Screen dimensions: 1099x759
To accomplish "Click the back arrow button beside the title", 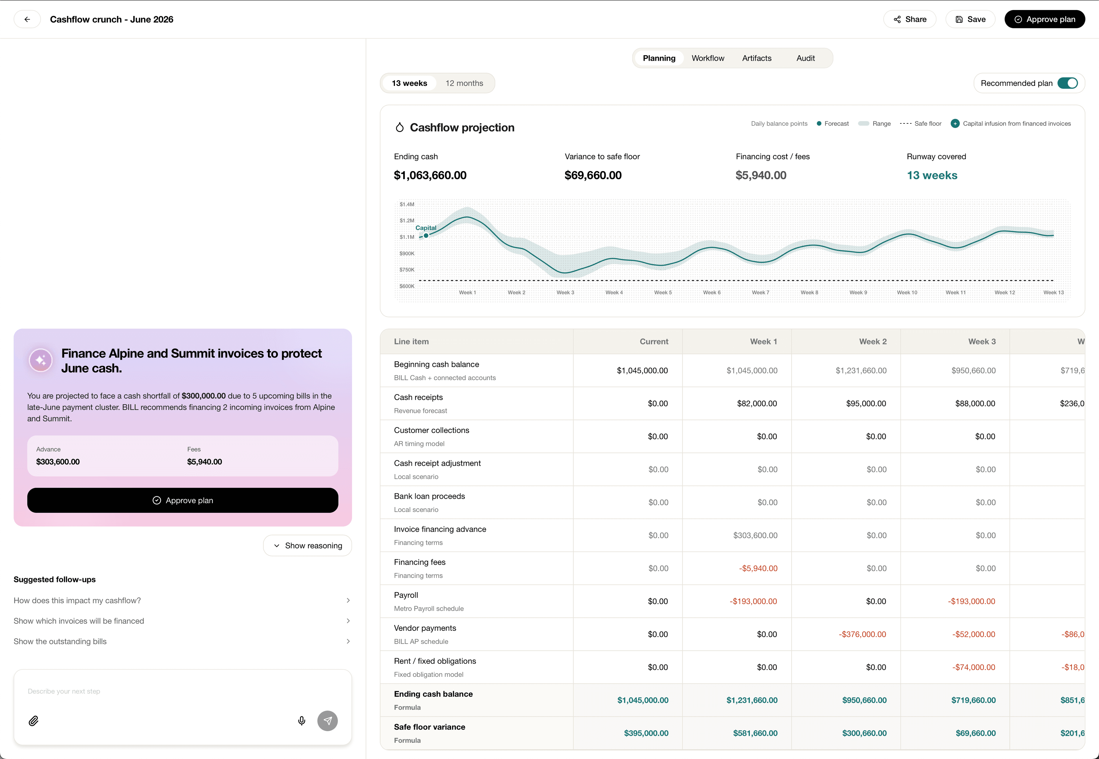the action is coord(27,19).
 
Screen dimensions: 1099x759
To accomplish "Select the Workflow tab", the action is coord(708,58).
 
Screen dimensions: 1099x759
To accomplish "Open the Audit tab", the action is coord(805,58).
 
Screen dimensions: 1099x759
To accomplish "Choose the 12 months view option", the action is coord(464,83).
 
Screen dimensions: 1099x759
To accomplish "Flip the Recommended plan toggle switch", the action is coord(1067,83).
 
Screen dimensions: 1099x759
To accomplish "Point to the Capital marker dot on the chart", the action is coord(426,235).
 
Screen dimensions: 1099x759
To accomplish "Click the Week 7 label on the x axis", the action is coord(760,293).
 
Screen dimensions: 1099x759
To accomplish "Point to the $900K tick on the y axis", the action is coord(407,253).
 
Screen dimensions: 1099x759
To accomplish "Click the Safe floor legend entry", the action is coord(921,124).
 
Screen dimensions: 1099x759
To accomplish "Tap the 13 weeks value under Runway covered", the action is coord(932,176).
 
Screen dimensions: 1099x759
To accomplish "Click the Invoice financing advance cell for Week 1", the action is coord(755,535).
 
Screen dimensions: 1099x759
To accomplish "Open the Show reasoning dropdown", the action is coord(308,545).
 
